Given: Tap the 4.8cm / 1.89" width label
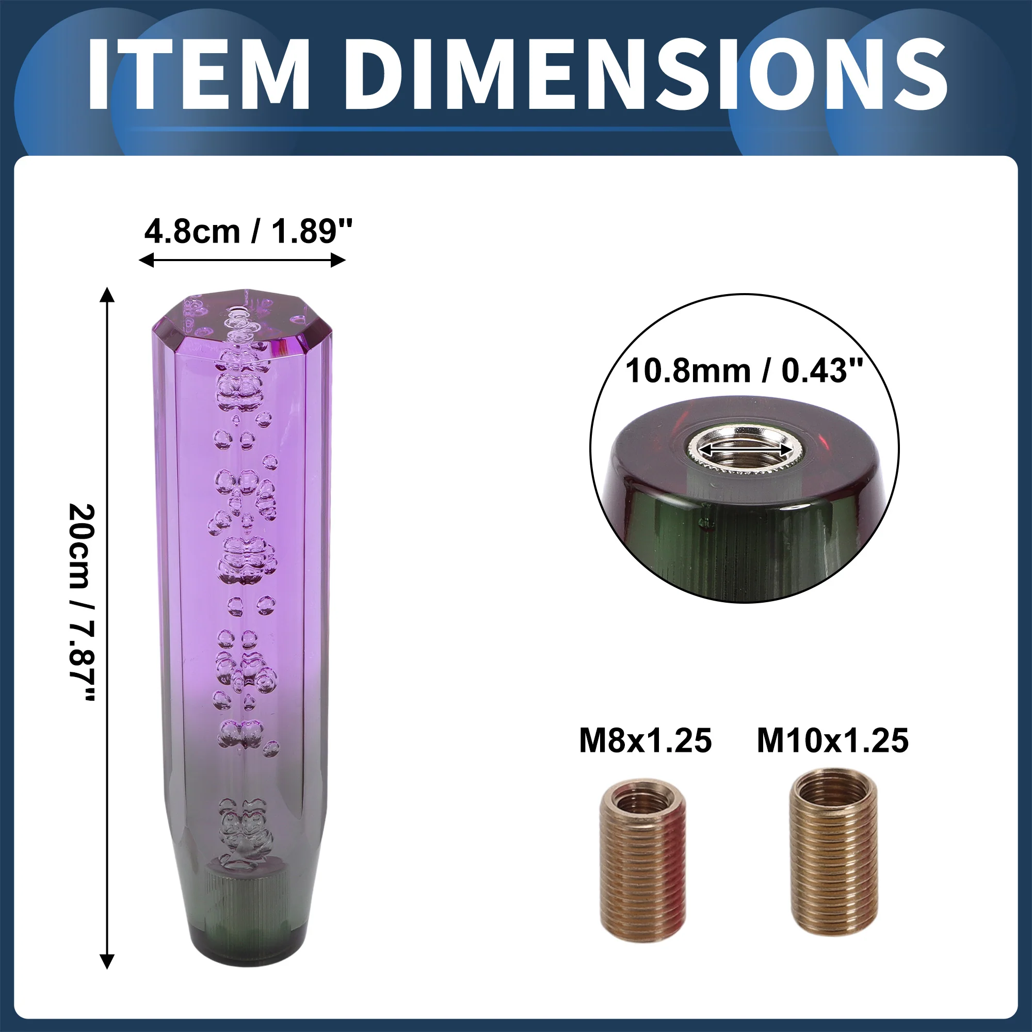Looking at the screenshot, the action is (248, 232).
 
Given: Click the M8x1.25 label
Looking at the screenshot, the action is (646, 740).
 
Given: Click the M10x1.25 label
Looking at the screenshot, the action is (833, 740).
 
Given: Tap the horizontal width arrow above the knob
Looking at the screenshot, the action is (242, 261).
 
